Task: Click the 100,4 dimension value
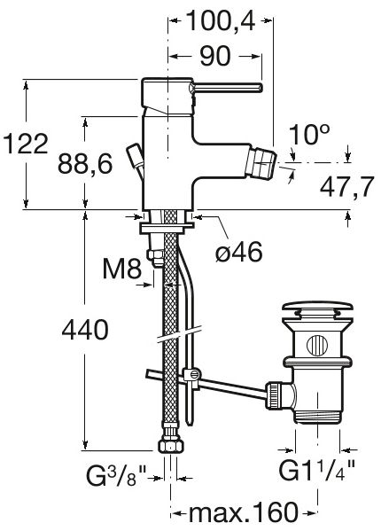point(221,20)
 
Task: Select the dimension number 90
point(215,56)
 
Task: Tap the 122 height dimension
point(26,144)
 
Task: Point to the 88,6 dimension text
point(85,164)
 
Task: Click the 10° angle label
point(309,135)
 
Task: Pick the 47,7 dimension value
point(346,186)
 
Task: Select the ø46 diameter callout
point(238,252)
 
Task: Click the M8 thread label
point(122,269)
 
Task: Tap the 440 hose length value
point(85,330)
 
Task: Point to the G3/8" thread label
point(116,475)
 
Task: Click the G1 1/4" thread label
point(316,470)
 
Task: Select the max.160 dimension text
point(243,512)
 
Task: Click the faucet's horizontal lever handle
point(227,88)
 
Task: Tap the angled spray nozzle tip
point(261,165)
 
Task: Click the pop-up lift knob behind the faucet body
point(135,155)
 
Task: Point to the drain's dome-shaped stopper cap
point(317,308)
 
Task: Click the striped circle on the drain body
point(317,346)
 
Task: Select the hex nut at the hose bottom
point(170,446)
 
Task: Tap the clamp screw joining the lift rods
point(192,374)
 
